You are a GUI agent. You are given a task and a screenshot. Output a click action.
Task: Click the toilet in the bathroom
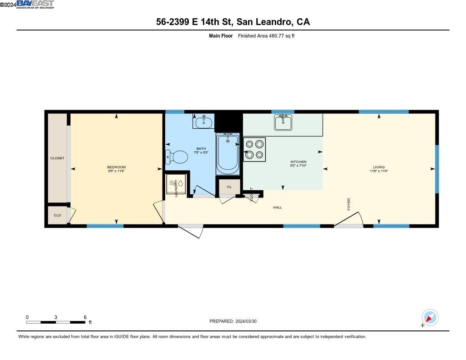[x=177, y=157]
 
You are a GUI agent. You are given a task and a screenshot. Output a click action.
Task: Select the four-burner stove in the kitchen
[x=254, y=150]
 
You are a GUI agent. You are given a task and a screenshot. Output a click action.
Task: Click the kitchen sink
[x=283, y=122]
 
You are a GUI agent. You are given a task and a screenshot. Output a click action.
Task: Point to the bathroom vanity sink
[x=203, y=122]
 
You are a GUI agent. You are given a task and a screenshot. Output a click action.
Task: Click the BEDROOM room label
[x=116, y=167]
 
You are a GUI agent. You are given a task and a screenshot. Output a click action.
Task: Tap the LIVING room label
[x=379, y=167]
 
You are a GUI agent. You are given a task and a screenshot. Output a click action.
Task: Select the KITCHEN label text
[x=299, y=162]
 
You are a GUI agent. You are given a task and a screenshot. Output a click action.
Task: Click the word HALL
[x=278, y=208]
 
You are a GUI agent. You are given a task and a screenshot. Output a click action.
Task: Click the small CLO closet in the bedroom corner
[x=57, y=215]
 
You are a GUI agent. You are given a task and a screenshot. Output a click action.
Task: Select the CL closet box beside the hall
[x=229, y=187]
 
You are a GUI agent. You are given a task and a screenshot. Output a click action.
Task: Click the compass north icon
[x=430, y=317]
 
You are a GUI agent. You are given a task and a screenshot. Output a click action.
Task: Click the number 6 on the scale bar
[x=85, y=317]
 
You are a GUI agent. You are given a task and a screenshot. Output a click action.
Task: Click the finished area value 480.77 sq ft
[x=266, y=36]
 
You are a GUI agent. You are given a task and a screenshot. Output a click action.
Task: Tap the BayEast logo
[x=35, y=5]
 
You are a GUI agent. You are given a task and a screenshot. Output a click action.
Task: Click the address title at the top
[x=233, y=22]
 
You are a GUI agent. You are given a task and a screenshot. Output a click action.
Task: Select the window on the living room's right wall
[x=437, y=169]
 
